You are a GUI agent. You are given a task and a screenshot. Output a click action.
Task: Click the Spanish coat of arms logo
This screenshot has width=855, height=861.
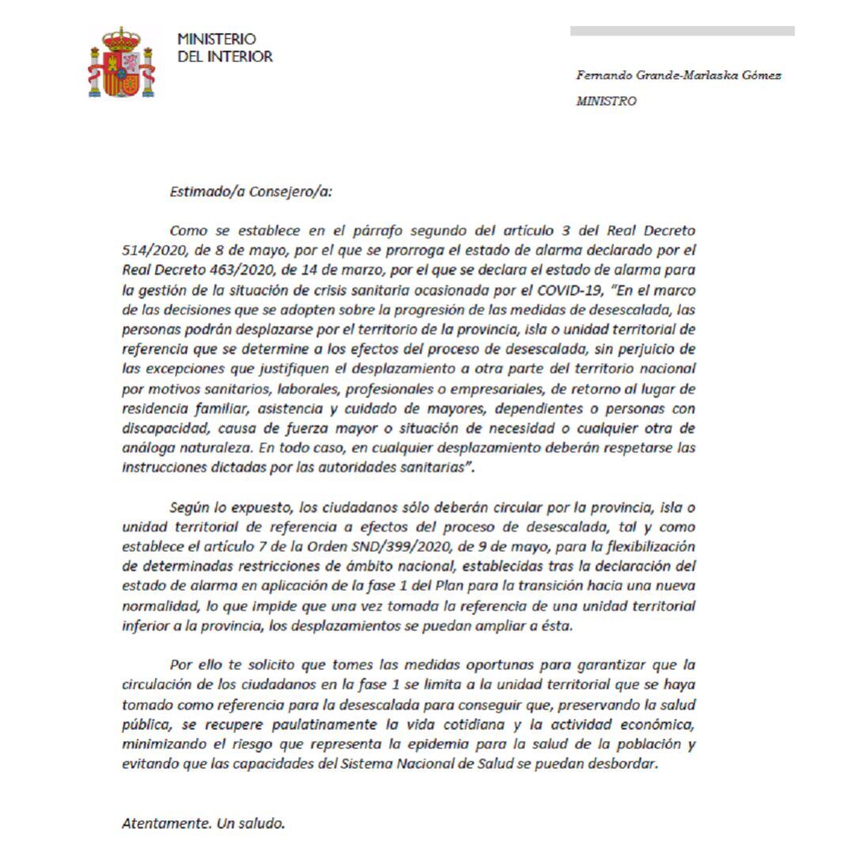(121, 63)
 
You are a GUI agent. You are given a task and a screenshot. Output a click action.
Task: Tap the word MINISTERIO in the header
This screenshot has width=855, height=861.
(216, 39)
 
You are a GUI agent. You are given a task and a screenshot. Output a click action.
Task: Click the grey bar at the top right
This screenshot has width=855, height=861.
(682, 31)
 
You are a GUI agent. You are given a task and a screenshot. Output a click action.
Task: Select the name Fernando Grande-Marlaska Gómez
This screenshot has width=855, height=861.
(678, 76)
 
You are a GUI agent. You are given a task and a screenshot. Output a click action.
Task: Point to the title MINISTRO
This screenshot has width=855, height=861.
(606, 101)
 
